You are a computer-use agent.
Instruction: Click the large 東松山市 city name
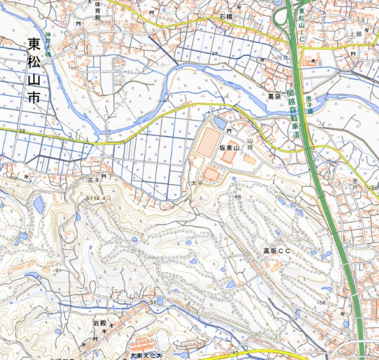coord(34,71)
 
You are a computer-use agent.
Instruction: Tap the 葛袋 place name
coord(274,96)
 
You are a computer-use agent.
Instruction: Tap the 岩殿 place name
coord(99,323)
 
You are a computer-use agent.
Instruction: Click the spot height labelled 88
coord(237,197)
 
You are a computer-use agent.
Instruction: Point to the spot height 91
coord(59,270)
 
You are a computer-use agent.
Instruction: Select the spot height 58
coord(323,303)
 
